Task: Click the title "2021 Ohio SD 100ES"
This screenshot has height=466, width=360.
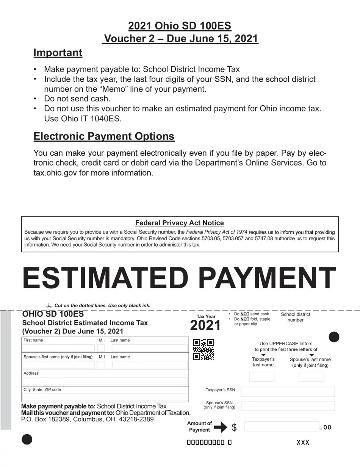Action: point(180,26)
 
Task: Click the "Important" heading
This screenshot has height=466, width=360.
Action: point(58,53)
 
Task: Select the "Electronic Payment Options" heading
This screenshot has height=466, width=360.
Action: point(104,136)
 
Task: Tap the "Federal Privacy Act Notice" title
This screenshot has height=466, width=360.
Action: point(180,223)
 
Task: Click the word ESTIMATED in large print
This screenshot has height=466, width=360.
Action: point(105,278)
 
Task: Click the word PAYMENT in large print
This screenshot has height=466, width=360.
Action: point(267,278)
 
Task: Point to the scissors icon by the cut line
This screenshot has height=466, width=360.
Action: point(49,306)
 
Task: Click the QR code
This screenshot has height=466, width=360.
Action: point(204,350)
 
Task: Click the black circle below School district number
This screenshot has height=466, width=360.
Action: point(334,337)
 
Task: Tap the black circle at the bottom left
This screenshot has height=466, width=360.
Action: point(27,439)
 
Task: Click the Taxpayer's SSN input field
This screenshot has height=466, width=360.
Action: point(288,391)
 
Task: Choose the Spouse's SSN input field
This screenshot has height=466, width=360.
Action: point(288,406)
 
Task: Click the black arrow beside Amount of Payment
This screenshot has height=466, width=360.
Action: point(220,427)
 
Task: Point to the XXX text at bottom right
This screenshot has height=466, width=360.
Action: point(303,443)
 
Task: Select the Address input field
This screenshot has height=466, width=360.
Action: point(105,381)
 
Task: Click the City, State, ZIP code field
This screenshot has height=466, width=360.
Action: point(105,397)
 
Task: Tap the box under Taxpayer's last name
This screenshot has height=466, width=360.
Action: point(261,377)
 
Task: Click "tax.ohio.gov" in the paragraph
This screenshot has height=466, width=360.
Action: point(55,173)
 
